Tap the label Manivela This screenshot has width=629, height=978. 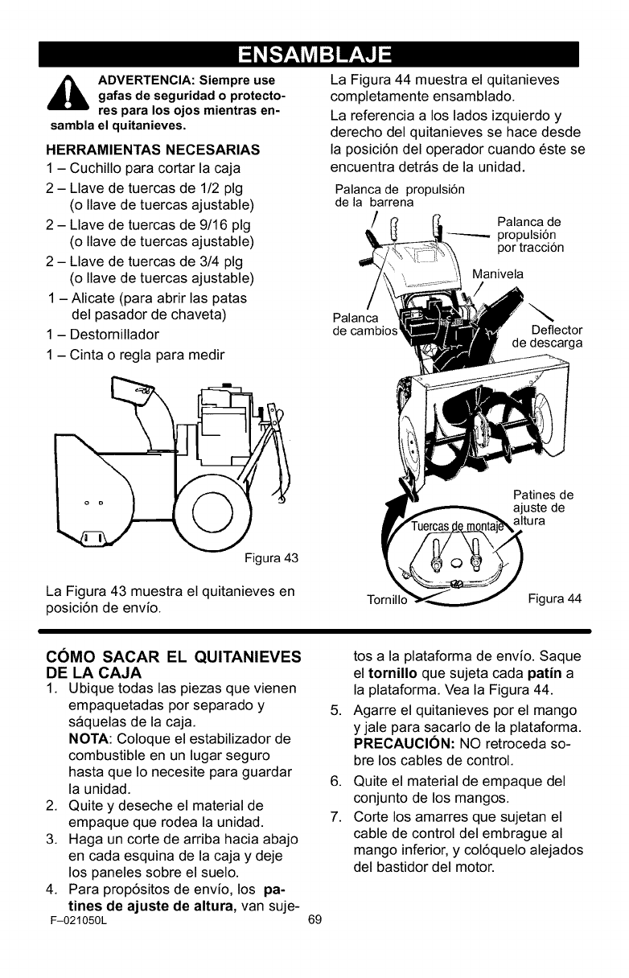(498, 274)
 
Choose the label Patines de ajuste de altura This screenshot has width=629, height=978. (542, 507)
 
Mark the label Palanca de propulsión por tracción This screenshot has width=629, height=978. (529, 235)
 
